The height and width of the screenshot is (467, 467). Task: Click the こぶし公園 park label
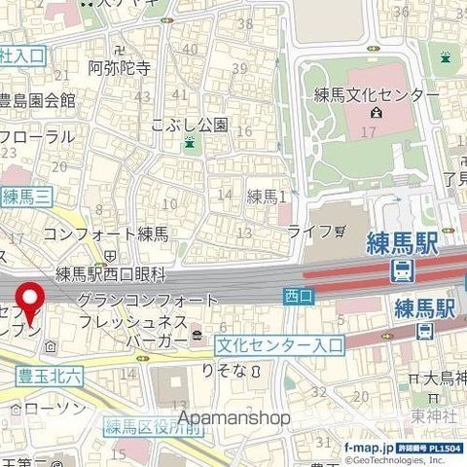click(x=190, y=125)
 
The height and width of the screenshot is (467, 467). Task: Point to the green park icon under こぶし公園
click(x=190, y=144)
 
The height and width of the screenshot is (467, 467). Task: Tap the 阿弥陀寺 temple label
click(x=119, y=68)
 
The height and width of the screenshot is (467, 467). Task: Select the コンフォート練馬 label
click(x=107, y=233)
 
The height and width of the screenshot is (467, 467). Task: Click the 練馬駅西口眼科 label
click(x=112, y=274)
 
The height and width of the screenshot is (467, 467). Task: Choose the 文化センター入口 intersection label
click(x=279, y=344)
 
